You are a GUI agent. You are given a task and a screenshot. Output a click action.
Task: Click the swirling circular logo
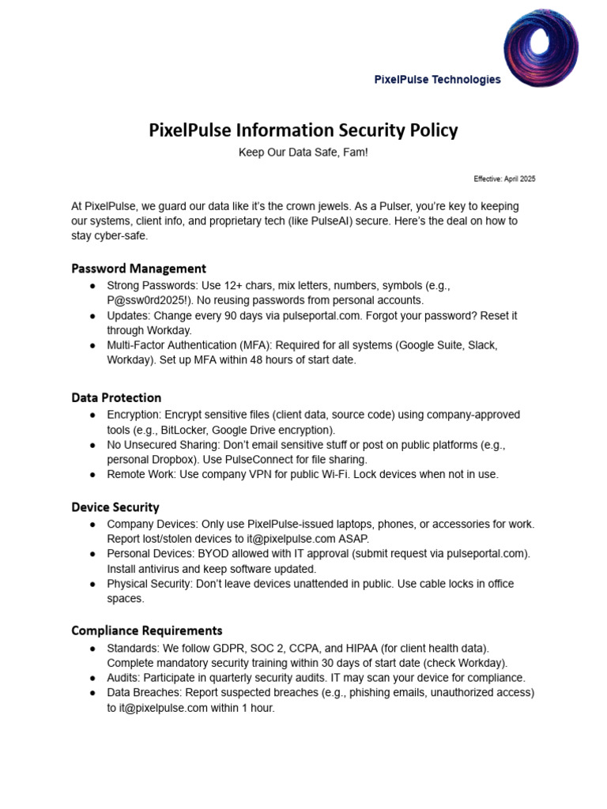(541, 47)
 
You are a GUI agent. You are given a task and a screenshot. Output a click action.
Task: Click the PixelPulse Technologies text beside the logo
(437, 79)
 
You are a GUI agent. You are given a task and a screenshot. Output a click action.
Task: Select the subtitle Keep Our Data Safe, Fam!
(303, 152)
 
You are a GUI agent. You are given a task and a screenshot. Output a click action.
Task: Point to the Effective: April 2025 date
(504, 179)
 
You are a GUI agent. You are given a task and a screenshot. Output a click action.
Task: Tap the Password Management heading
(138, 268)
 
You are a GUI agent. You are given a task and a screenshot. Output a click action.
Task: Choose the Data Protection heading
(116, 397)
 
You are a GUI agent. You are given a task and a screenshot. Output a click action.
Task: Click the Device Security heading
(115, 507)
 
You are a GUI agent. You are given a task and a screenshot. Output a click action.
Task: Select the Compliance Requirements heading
(146, 630)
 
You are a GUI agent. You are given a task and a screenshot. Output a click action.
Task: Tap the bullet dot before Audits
(93, 678)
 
